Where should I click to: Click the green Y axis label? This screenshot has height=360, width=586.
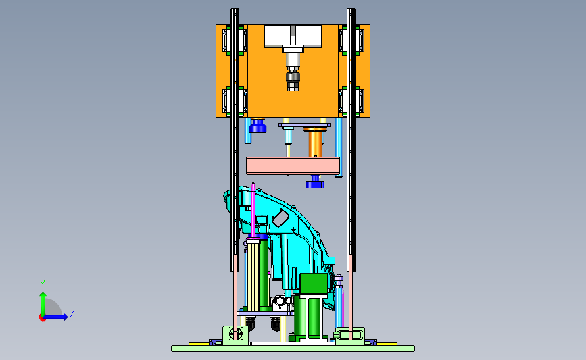(43, 284)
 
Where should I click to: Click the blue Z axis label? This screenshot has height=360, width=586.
(72, 313)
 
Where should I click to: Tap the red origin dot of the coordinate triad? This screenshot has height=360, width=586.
(42, 318)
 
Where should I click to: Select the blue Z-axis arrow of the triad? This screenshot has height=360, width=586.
(56, 317)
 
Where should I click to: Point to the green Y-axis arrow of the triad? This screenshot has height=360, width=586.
(43, 304)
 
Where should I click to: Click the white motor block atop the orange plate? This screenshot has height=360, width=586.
(293, 36)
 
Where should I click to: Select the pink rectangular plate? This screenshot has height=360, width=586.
(293, 165)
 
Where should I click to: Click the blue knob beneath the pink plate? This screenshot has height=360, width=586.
(315, 182)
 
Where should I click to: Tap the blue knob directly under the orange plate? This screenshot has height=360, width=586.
(258, 126)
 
